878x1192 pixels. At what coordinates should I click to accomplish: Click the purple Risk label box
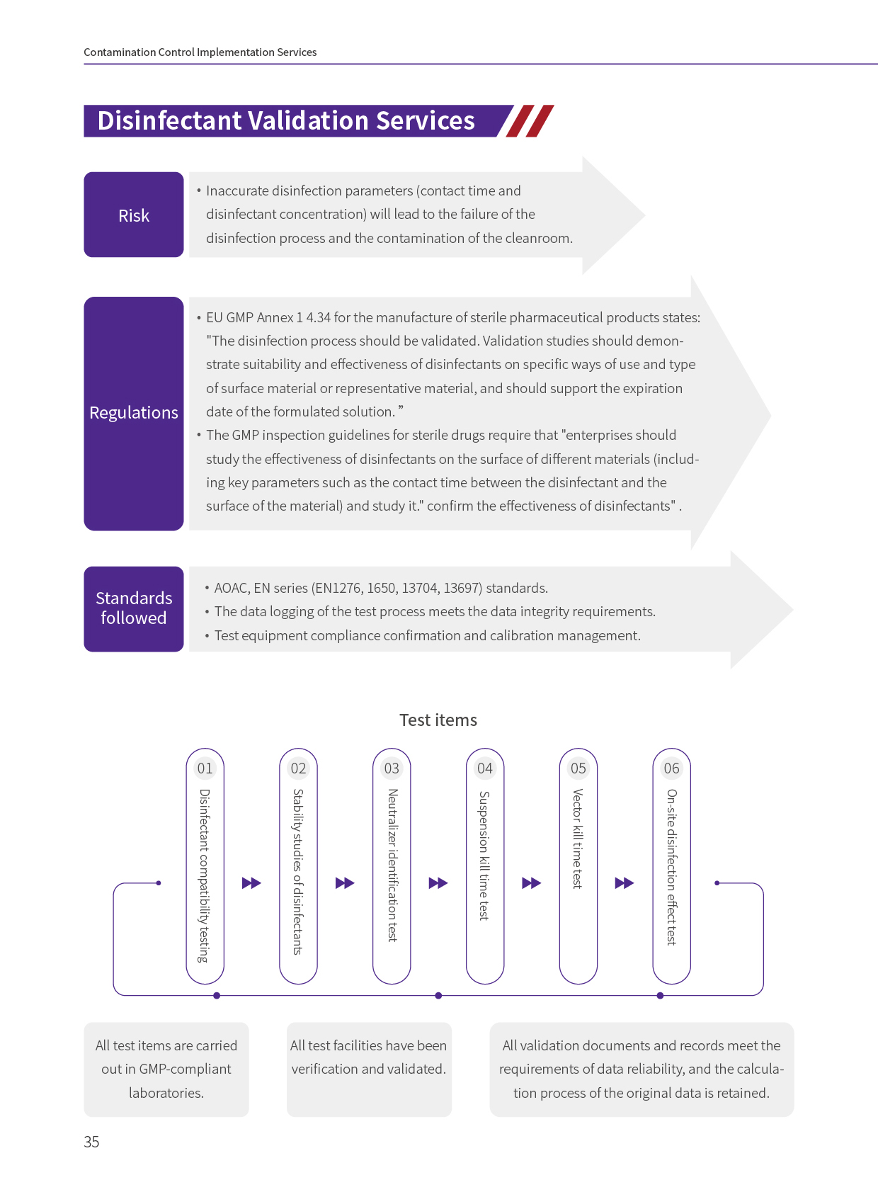133,215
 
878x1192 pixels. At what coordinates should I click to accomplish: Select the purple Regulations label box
133,413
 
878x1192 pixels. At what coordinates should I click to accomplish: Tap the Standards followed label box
133,608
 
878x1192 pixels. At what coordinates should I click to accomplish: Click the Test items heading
438,720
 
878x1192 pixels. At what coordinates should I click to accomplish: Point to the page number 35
91,1142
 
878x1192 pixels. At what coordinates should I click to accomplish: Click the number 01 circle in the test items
205,768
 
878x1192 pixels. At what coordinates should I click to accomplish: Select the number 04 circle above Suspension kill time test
485,768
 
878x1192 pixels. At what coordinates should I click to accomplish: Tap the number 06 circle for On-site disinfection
671,768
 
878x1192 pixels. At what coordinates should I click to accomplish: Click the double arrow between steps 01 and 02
251,883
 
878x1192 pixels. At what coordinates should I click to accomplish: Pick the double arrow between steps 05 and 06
625,883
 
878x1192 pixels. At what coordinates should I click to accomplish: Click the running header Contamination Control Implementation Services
200,52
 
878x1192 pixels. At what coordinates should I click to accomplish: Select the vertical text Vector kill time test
578,839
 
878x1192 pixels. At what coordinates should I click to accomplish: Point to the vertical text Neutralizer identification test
392,865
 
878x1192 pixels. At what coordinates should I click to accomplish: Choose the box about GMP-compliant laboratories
166,1069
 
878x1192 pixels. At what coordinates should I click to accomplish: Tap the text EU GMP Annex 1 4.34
268,317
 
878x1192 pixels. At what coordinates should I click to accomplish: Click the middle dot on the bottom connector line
438,996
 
